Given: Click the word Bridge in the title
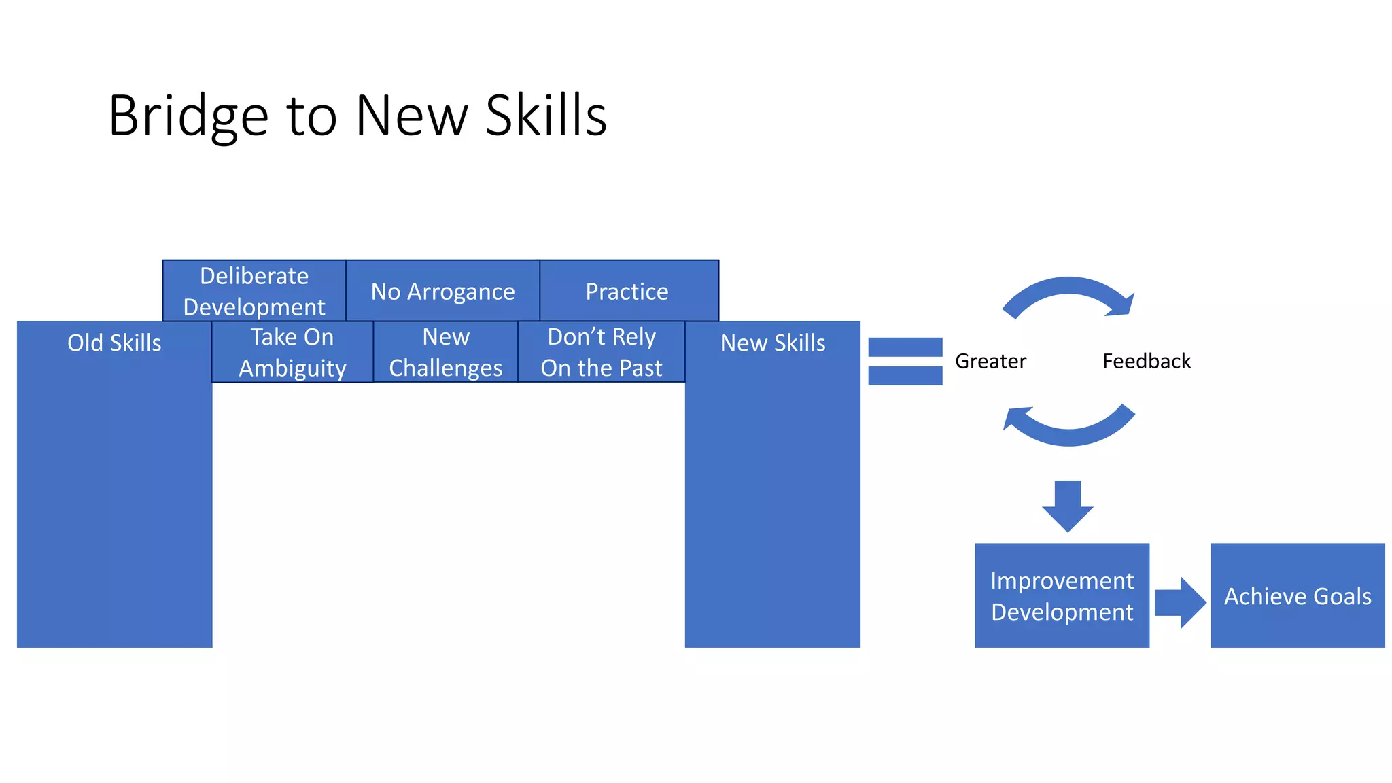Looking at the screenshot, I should click(x=188, y=117).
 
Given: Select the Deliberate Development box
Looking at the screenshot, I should click(x=254, y=291).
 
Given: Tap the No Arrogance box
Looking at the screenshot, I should click(x=442, y=291).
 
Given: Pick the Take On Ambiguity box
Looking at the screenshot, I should click(x=292, y=352).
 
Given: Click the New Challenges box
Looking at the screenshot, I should click(x=446, y=352).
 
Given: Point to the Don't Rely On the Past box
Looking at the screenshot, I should click(x=601, y=352).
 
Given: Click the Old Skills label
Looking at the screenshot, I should click(x=114, y=343).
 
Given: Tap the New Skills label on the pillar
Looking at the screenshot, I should click(x=773, y=343).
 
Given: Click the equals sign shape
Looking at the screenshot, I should click(x=905, y=361).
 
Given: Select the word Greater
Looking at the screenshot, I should click(x=990, y=361).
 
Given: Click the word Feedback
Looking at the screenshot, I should click(x=1147, y=361).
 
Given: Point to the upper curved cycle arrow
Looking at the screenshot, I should click(x=1068, y=288).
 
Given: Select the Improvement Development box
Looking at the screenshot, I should click(x=1062, y=595).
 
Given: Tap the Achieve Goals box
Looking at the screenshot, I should click(x=1297, y=595).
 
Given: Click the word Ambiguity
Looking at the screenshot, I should click(x=292, y=368).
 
